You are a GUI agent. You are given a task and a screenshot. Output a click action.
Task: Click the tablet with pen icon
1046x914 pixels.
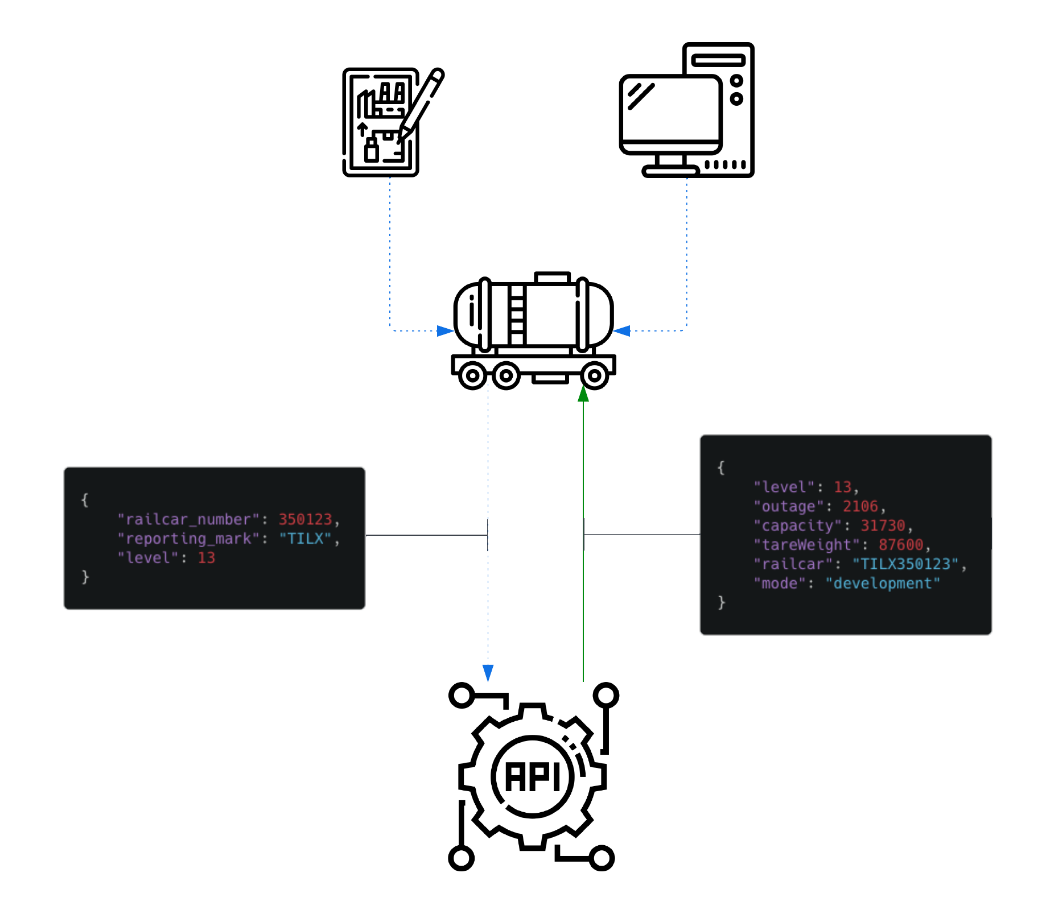[x=393, y=122]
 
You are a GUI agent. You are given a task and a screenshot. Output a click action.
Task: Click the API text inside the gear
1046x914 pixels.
[x=533, y=776]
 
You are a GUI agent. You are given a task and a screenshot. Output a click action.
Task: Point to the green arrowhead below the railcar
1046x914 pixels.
[x=583, y=394]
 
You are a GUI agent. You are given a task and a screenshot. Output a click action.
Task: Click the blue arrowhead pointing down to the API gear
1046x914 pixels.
[x=488, y=673]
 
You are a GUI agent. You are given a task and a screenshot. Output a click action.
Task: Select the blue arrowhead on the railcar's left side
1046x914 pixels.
[x=445, y=330]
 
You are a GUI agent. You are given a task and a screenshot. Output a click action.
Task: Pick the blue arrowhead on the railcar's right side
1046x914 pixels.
[x=621, y=330]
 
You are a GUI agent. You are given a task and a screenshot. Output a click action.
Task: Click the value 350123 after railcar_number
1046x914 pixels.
[x=305, y=519]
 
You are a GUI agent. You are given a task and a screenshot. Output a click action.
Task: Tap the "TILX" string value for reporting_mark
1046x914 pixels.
[x=305, y=539]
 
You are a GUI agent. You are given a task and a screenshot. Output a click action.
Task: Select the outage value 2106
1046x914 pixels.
[x=860, y=506]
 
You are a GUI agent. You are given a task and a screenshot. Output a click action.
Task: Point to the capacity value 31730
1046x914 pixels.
[x=883, y=526]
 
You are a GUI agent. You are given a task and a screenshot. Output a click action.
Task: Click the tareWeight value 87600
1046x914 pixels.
[x=901, y=545]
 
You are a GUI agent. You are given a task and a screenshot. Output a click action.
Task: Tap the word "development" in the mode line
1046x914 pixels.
[x=883, y=584]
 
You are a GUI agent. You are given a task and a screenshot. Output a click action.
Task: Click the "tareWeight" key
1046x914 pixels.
[x=807, y=545]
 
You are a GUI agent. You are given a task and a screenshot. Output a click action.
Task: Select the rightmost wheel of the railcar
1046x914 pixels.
[x=594, y=375]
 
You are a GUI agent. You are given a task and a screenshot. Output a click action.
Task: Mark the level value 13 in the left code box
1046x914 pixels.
[x=207, y=558]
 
